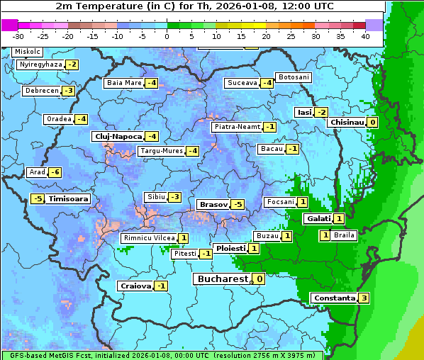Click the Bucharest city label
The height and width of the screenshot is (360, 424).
223,279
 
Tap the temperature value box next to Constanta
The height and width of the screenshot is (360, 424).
364,298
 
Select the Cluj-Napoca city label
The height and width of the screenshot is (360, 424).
118,136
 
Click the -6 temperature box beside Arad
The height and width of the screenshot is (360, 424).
55,172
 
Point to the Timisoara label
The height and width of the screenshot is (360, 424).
69,199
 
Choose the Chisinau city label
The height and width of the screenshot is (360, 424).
347,122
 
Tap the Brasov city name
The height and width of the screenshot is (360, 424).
213,204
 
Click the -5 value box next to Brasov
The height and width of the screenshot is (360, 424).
238,204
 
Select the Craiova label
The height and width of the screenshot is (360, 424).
135,286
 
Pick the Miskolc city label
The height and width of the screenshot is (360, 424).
28,52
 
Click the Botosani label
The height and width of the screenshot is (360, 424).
294,77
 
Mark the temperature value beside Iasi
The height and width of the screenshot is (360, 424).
321,112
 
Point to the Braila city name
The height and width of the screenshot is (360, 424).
344,235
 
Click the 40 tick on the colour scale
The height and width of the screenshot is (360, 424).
365,35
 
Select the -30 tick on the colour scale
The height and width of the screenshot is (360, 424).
18,35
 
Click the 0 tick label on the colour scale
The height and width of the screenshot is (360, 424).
167,35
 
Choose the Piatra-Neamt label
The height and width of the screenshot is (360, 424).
237,127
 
